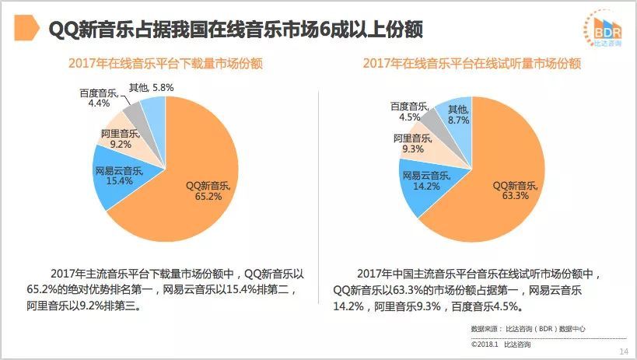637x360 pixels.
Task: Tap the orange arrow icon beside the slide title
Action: [28, 29]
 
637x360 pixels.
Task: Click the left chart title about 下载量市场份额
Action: [165, 64]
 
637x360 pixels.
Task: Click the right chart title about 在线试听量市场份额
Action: [471, 64]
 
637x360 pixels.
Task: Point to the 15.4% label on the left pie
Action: [119, 181]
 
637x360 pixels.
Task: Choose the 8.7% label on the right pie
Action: [457, 121]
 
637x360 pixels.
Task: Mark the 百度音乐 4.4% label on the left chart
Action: [100, 97]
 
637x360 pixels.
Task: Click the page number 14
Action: [623, 352]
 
